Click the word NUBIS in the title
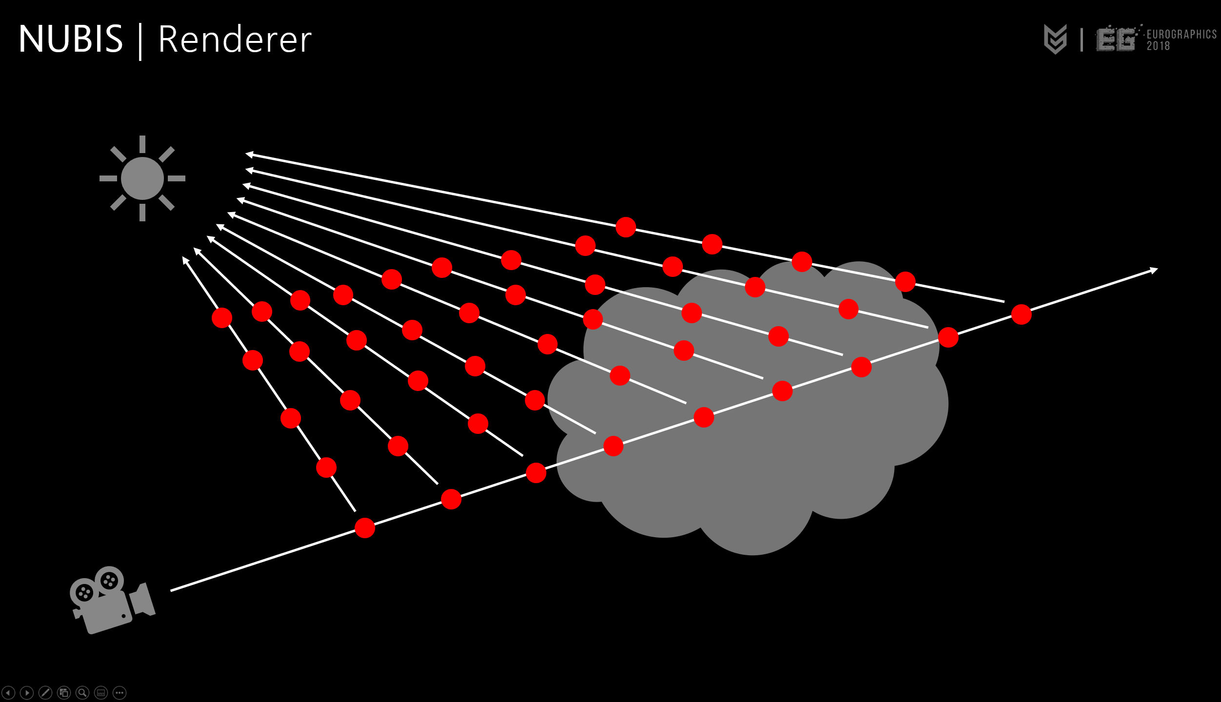tap(71, 39)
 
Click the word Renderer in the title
tap(235, 39)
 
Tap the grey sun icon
tap(142, 178)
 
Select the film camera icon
tap(112, 600)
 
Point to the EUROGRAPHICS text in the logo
tap(1181, 34)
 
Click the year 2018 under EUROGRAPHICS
tap(1158, 46)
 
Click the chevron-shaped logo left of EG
tap(1055, 39)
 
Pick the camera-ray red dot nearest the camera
tap(365, 528)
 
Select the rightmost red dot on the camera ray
tap(1021, 314)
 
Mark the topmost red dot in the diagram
tap(626, 227)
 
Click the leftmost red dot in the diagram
tap(222, 318)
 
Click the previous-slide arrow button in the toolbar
tap(8, 693)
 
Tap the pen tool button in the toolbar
tap(45, 693)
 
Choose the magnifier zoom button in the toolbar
tap(82, 693)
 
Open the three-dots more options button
tap(120, 693)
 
